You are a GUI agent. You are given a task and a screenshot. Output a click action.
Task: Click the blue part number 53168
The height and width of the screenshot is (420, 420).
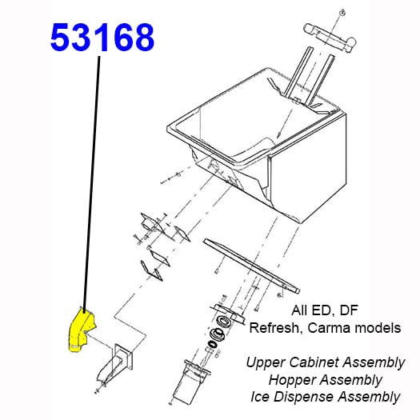[102, 38]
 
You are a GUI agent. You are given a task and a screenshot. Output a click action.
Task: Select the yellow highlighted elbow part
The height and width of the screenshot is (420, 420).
[79, 330]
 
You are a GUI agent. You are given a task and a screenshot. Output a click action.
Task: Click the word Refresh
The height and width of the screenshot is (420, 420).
[272, 327]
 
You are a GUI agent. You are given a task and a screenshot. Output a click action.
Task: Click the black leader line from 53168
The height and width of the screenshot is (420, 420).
[92, 184]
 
